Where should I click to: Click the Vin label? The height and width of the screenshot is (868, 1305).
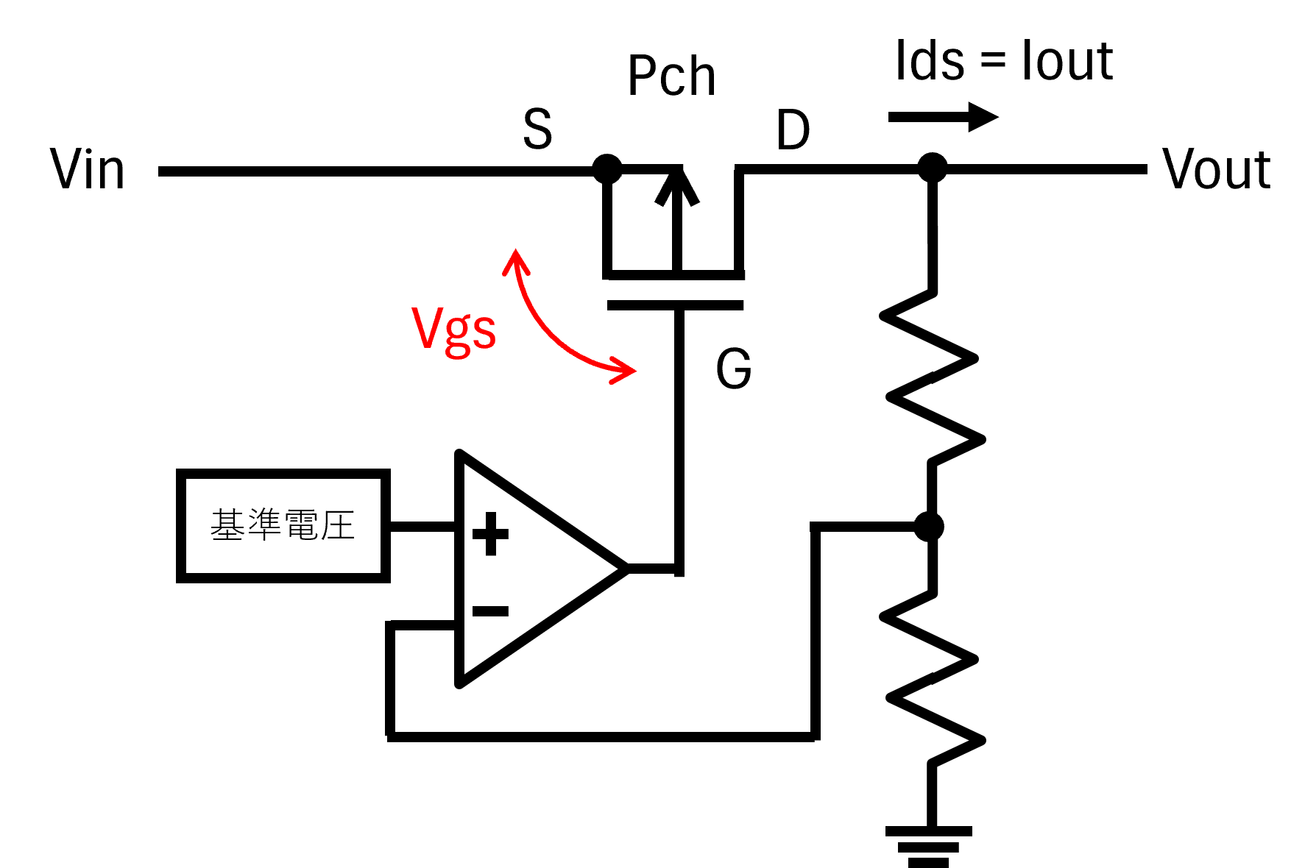click(x=87, y=169)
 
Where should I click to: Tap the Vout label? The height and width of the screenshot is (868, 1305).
click(x=1216, y=169)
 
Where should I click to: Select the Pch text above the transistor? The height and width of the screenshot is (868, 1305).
click(x=671, y=76)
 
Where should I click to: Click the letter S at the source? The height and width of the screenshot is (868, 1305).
click(x=537, y=129)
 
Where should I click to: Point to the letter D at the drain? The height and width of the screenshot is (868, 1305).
click(x=793, y=130)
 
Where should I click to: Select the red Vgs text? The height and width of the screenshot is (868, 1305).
click(x=453, y=330)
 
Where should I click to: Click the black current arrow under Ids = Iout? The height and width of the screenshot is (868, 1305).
click(x=943, y=117)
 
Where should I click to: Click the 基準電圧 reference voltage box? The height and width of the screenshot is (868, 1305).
click(x=283, y=526)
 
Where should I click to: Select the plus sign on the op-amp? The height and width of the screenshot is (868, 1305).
click(x=490, y=534)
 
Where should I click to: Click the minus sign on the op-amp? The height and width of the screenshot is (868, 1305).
click(x=490, y=611)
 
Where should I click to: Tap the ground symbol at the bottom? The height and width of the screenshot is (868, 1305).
click(x=928, y=846)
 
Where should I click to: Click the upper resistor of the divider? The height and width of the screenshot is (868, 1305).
click(x=933, y=377)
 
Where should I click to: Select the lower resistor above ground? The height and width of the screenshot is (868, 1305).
click(x=933, y=679)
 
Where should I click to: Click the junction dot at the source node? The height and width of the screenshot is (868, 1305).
click(x=607, y=169)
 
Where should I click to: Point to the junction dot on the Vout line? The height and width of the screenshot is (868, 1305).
click(x=933, y=168)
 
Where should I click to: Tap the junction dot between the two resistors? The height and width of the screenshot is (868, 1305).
click(x=929, y=527)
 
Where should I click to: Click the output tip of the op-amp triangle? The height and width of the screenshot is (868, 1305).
click(x=627, y=568)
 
